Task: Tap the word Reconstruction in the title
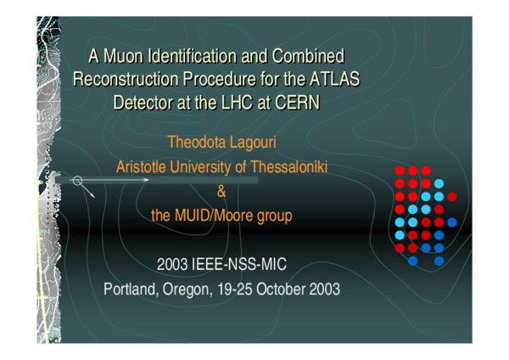(127, 81)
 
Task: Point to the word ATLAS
(335, 81)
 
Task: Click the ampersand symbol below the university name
(222, 191)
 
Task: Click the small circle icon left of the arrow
(77, 180)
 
